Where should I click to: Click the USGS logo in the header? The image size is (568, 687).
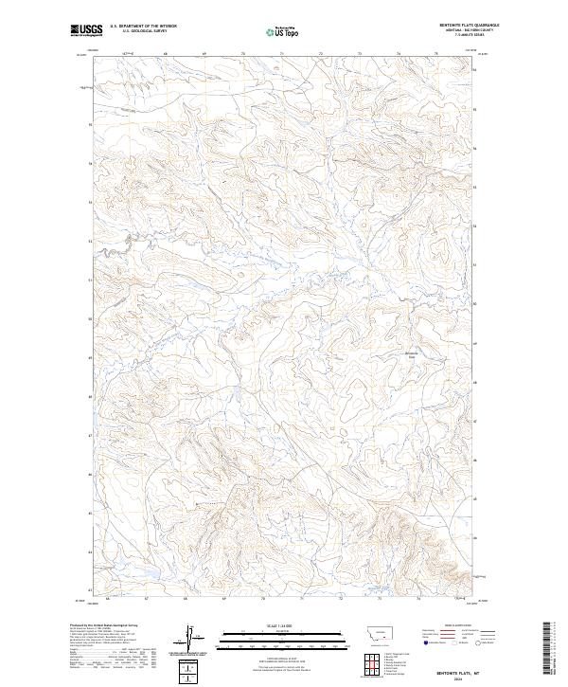point(87,30)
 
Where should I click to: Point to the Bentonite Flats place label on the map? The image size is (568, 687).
point(411,355)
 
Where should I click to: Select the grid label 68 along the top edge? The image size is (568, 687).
point(165,54)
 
